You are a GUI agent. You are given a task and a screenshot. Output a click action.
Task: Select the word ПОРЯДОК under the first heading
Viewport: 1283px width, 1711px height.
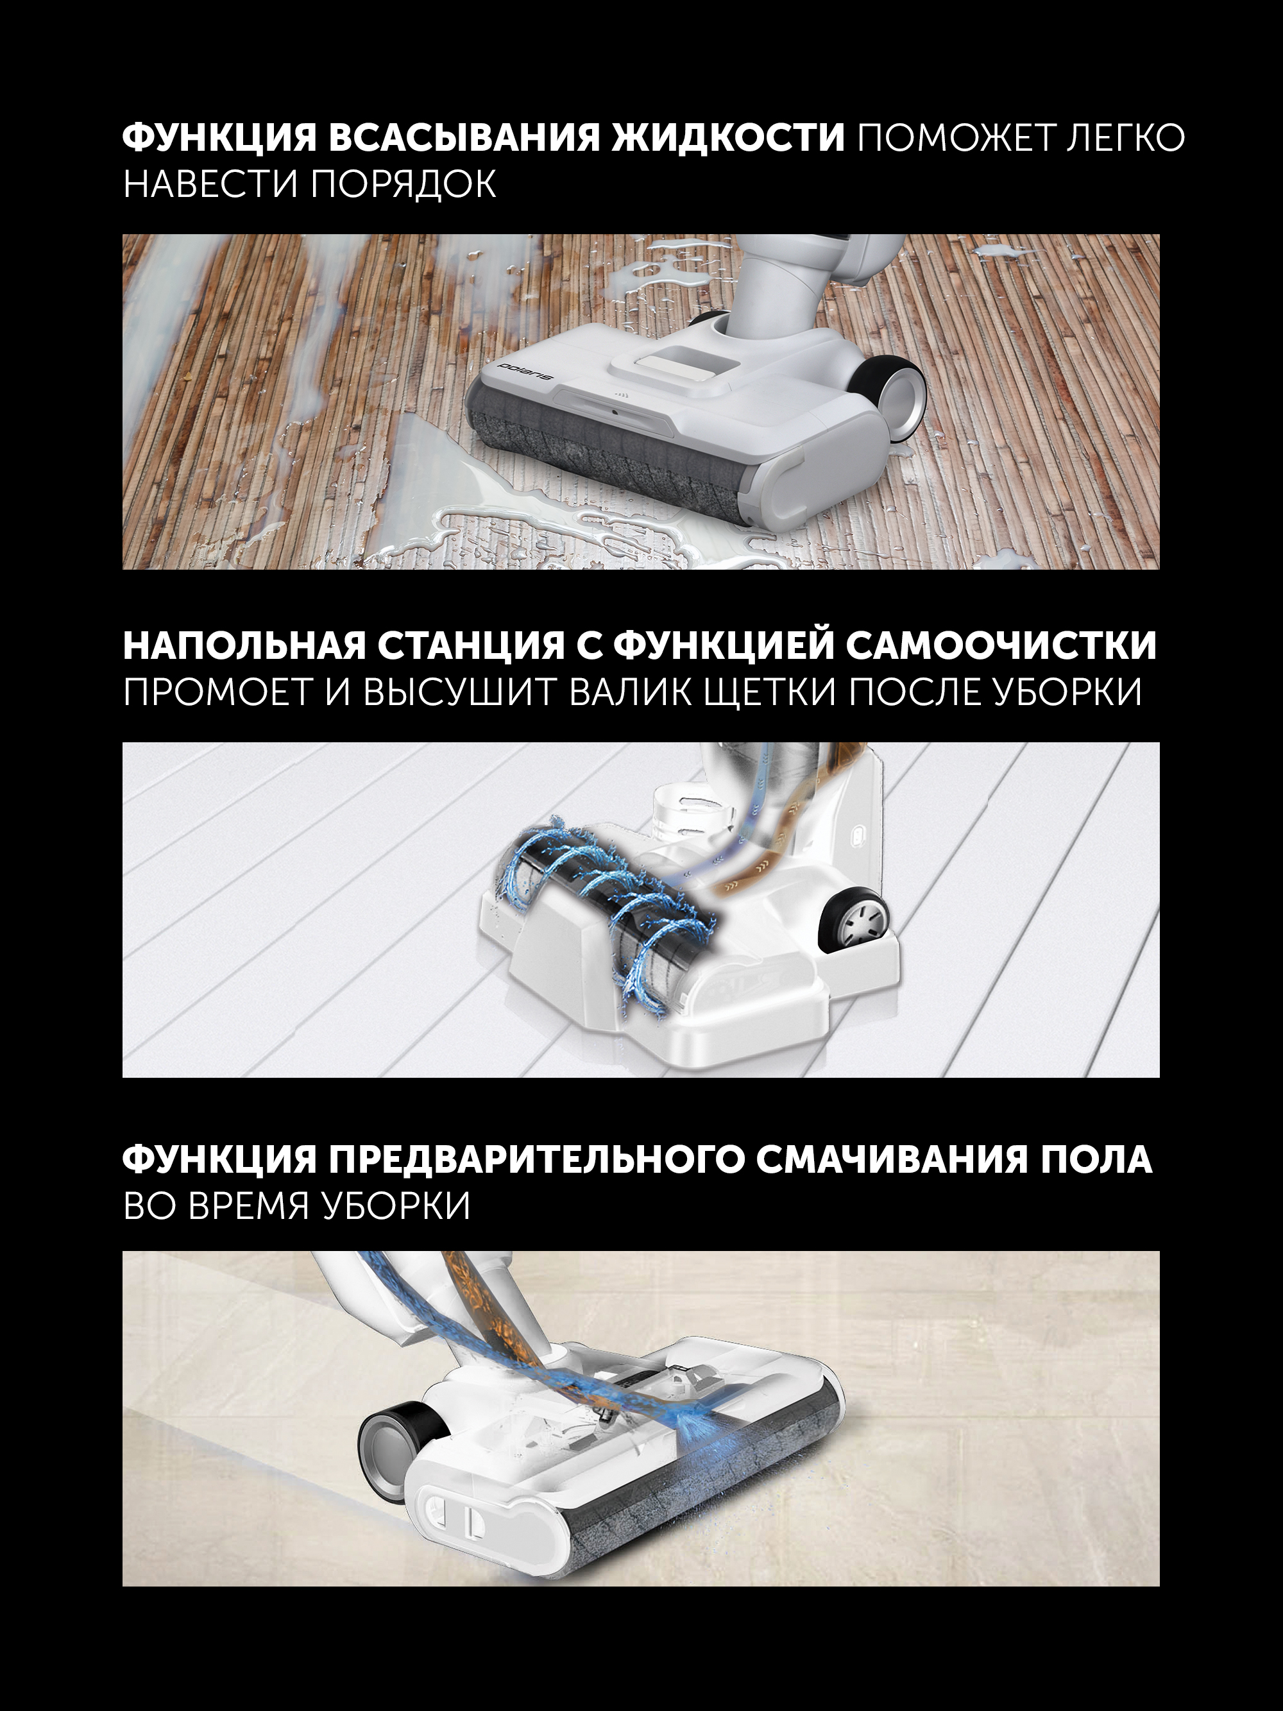click(x=403, y=184)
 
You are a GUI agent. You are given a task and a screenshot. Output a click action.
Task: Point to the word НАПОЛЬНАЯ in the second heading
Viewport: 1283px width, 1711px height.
click(x=244, y=646)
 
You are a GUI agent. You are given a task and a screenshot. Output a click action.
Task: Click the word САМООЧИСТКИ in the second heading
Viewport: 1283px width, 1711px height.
click(x=1001, y=646)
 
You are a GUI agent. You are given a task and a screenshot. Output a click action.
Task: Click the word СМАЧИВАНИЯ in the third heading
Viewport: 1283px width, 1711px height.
click(x=892, y=1161)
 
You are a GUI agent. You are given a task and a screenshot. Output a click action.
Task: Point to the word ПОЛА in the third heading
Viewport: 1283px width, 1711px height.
click(x=1096, y=1161)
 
